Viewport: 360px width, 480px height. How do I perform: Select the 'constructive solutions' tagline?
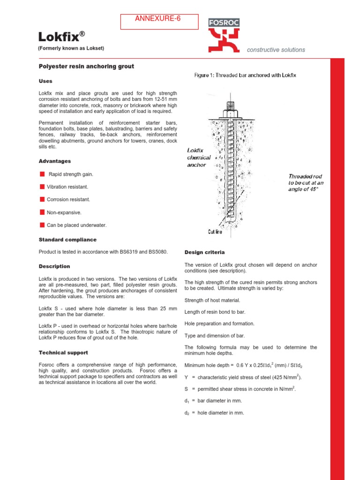[x=276, y=50]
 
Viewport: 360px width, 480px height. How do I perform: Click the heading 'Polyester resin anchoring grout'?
[x=86, y=67]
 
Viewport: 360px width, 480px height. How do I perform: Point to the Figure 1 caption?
[x=245, y=75]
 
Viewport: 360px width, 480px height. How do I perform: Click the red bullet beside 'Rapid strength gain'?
[x=42, y=174]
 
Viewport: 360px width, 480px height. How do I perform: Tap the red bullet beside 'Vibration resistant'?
[x=42, y=187]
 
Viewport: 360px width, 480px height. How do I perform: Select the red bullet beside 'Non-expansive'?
[x=42, y=212]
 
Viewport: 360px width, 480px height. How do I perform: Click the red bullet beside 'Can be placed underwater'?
[x=42, y=225]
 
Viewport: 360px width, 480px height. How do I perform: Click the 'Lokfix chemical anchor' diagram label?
[x=199, y=158]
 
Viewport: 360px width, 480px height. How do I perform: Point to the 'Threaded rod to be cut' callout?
[x=306, y=183]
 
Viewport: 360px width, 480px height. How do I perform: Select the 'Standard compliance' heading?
[x=67, y=240]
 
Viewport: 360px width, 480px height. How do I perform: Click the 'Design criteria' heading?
[x=204, y=253]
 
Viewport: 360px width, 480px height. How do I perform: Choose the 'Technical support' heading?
[x=63, y=352]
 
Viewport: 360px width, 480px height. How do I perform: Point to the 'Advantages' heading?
[x=55, y=161]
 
